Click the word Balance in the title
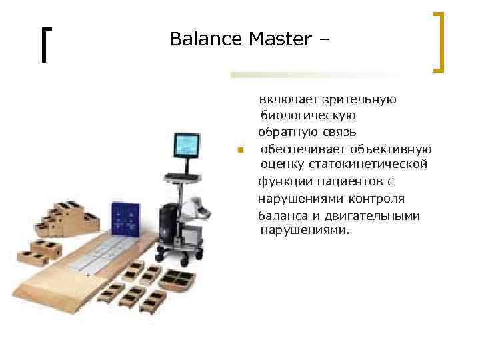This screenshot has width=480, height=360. (206, 39)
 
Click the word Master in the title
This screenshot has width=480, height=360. (280, 39)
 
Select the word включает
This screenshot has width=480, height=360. (290, 99)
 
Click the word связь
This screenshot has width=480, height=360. (337, 132)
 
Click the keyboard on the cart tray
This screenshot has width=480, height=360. (182, 175)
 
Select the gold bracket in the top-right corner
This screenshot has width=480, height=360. (439, 41)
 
